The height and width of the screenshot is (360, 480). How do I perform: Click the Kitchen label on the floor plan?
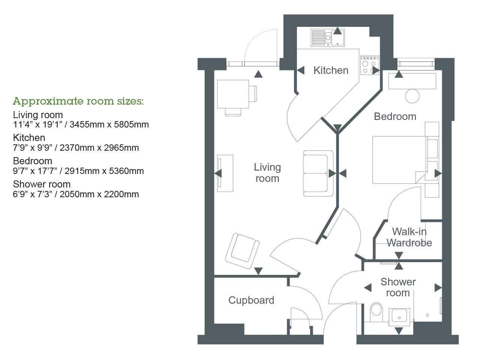(x=331, y=70)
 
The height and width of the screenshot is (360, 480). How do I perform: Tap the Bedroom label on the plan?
(x=395, y=117)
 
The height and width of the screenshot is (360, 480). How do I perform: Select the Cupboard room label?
(x=251, y=300)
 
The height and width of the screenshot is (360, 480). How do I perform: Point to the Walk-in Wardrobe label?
(x=409, y=237)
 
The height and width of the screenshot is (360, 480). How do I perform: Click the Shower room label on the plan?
(x=398, y=287)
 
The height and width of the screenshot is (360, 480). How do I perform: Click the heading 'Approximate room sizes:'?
(x=78, y=101)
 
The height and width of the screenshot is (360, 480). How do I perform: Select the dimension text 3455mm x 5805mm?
(x=109, y=124)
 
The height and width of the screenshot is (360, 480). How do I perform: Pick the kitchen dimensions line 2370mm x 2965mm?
(x=99, y=148)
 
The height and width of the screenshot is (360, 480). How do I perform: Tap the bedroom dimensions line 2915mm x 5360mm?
(x=104, y=171)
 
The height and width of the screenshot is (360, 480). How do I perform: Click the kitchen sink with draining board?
(x=328, y=38)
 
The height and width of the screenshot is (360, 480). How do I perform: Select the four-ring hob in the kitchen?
(x=369, y=66)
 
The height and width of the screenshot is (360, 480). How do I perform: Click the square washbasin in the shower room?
(x=399, y=315)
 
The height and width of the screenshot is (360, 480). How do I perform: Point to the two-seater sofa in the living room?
(x=318, y=173)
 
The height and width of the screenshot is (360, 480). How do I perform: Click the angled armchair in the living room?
(x=242, y=250)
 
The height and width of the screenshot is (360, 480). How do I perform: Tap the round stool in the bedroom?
(x=412, y=96)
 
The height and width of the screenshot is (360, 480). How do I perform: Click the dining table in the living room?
(x=233, y=94)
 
